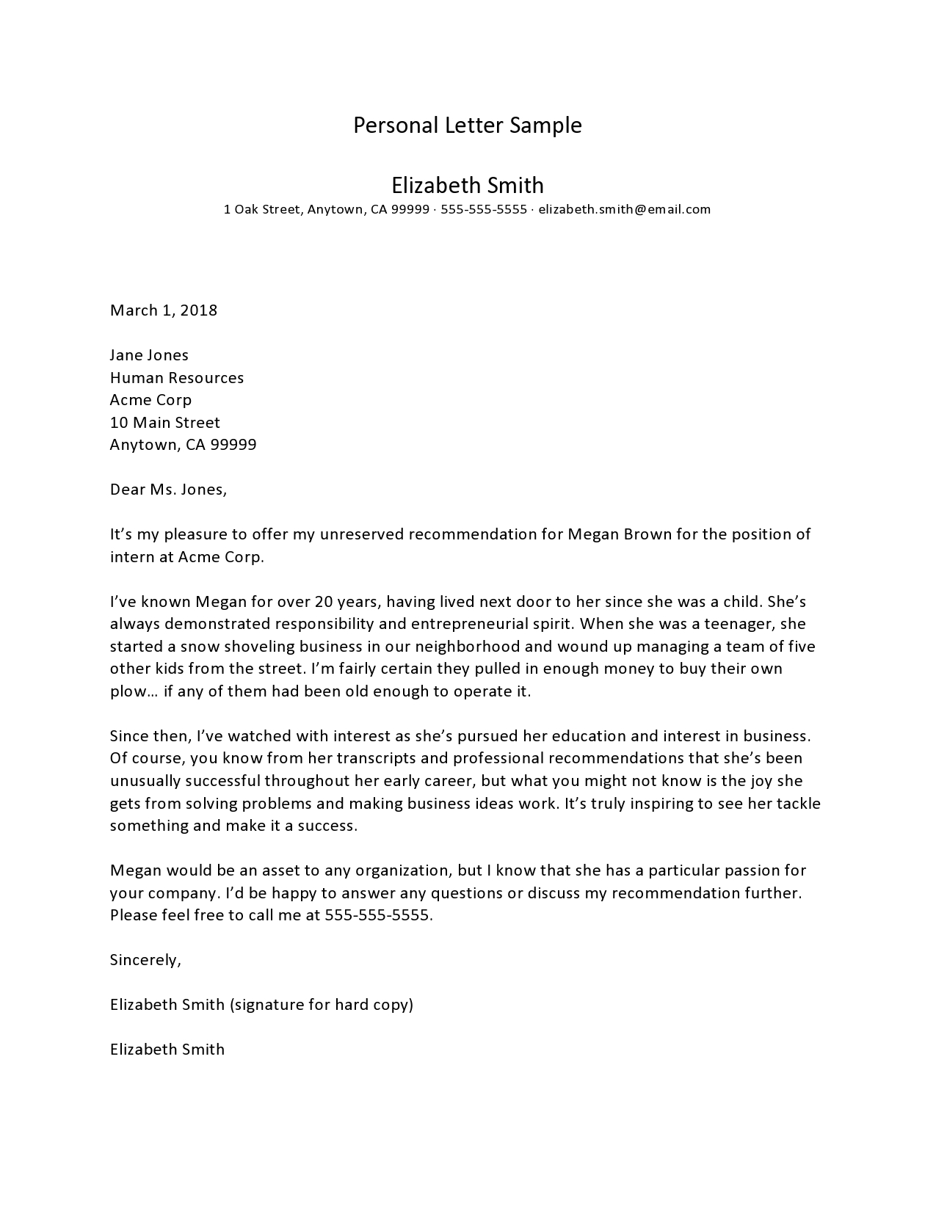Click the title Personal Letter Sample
(x=468, y=126)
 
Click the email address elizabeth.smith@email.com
(x=624, y=209)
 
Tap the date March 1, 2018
(x=164, y=310)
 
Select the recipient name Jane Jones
(x=149, y=355)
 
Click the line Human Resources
(x=177, y=378)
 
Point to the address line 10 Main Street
(x=165, y=423)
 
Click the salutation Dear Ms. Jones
(x=168, y=490)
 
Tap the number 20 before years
(x=324, y=602)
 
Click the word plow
(x=127, y=691)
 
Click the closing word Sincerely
(x=145, y=960)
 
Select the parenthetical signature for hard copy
(x=322, y=1005)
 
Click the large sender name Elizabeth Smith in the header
(x=468, y=185)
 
